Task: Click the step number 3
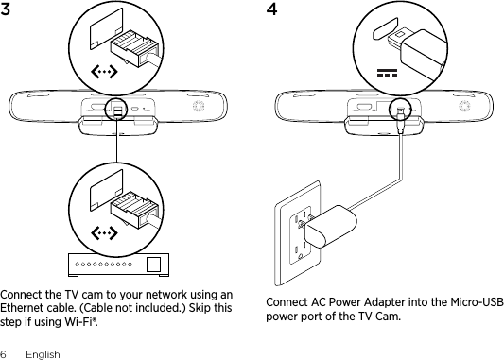(x=5, y=9)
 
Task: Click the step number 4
(x=271, y=9)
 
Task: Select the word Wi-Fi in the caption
(x=80, y=322)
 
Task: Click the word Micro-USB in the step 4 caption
(x=477, y=302)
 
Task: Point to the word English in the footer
(x=43, y=354)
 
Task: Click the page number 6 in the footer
(x=3, y=354)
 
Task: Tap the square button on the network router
(x=153, y=265)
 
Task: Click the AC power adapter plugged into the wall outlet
(x=330, y=225)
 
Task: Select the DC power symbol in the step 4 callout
(x=387, y=73)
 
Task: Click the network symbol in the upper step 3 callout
(x=104, y=72)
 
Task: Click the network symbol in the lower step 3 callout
(x=104, y=233)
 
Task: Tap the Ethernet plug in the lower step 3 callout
(x=135, y=210)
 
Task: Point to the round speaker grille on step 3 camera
(x=199, y=106)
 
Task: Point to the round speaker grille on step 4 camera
(x=465, y=106)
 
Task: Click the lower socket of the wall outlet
(x=300, y=251)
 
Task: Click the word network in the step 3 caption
(x=166, y=295)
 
